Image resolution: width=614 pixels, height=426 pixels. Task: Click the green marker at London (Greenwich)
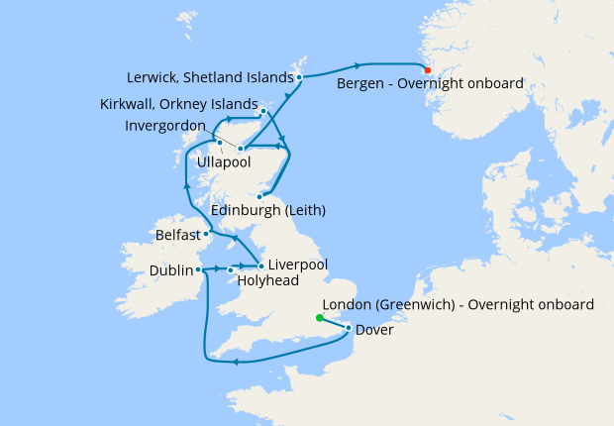pos(319,318)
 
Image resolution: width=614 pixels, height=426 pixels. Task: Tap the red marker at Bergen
pos(427,69)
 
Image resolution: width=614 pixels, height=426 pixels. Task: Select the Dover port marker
pos(349,328)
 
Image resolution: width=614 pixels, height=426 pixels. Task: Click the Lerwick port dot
pos(299,76)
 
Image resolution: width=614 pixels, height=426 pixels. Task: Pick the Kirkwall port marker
pos(262,111)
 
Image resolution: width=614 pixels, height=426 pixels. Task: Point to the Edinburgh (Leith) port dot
pos(259,197)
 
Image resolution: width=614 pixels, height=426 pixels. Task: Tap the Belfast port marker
pos(206,235)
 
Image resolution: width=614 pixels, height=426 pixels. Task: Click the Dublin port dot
pos(199,268)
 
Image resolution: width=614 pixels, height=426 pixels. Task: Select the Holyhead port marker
pos(231,269)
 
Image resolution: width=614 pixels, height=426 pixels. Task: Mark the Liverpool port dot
pos(260,266)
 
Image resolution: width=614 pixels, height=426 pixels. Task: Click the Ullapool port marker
pos(219,143)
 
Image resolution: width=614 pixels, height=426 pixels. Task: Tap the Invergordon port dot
pos(241,149)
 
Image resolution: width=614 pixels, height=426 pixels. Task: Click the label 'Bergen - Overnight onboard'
pos(430,84)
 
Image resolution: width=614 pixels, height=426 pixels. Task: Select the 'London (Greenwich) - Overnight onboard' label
pos(459,305)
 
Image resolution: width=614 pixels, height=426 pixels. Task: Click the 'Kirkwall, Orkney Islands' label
pos(178,104)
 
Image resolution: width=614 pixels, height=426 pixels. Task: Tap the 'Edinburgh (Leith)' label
pos(268,211)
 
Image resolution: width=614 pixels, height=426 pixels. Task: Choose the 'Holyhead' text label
pos(267,280)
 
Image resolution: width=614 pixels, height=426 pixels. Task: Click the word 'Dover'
pos(373,330)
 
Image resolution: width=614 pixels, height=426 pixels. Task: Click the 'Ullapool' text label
pos(225,160)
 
